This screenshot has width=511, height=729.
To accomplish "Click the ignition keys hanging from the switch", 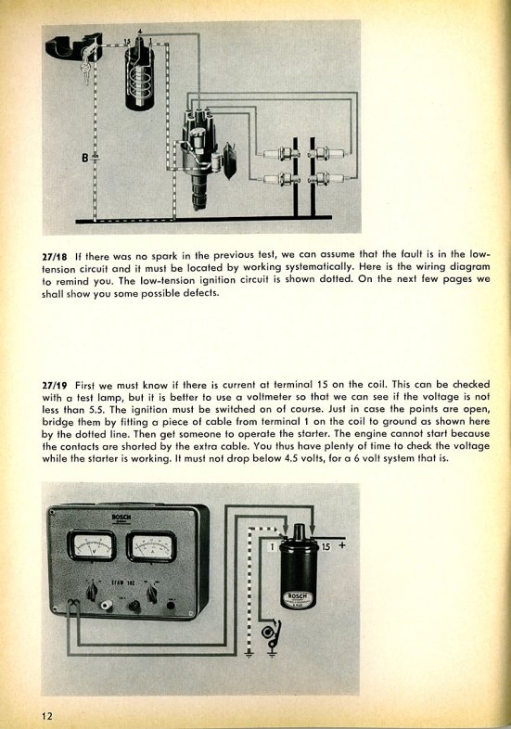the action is [87, 72].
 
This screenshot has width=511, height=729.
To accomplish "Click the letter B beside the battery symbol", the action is [84, 158].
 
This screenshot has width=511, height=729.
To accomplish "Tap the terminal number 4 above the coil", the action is [140, 31].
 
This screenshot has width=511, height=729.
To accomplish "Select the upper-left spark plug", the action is [279, 153].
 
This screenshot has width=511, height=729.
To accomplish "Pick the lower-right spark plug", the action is [328, 178].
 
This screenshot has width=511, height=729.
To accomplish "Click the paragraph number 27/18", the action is [55, 256].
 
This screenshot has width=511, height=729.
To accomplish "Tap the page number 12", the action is [47, 715].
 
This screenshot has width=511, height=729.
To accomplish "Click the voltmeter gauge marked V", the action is [92, 545].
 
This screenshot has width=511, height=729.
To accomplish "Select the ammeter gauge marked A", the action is [151, 546].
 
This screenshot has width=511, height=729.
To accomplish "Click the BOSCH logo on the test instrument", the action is [121, 517].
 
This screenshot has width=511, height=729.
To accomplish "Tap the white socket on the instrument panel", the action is [107, 605].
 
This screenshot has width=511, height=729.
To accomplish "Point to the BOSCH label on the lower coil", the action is [298, 597].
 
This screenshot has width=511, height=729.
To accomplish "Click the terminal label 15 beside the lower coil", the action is [326, 547].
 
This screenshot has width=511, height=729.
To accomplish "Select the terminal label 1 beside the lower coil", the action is [273, 547].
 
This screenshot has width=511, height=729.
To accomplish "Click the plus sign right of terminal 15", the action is [342, 544].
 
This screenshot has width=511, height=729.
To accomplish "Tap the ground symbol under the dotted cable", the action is [249, 655].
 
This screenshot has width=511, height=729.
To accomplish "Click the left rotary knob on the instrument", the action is [92, 591].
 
